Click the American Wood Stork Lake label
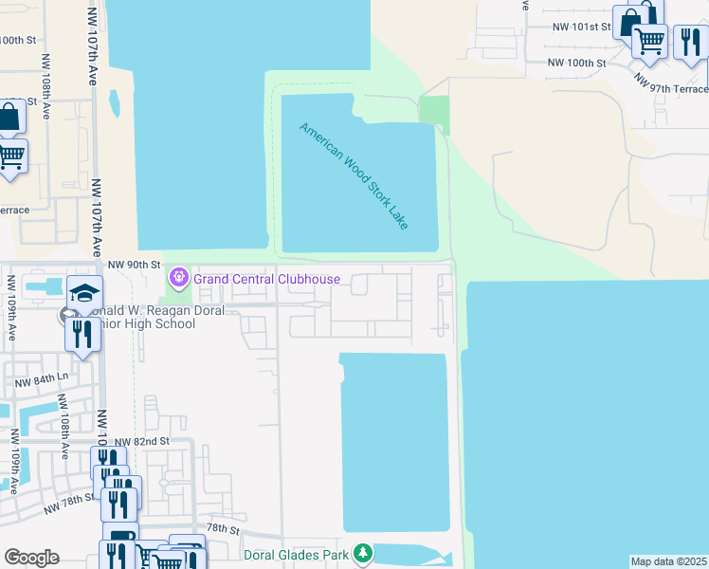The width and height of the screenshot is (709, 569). point(354,175)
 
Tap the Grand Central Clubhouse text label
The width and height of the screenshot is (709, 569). point(266,279)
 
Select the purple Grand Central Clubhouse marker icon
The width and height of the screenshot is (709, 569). point(178,278)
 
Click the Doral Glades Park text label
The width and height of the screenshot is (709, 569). point(298,555)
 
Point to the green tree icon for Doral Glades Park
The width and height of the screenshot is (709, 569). point(362,553)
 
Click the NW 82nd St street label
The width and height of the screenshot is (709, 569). point(141,442)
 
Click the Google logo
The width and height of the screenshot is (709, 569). point(31,558)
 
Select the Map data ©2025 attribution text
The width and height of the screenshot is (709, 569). point(668,561)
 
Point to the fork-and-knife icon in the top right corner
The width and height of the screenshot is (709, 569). point(689,41)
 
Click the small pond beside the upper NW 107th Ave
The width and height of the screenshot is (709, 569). point(115,102)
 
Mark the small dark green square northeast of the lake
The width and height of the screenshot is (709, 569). point(434,114)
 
